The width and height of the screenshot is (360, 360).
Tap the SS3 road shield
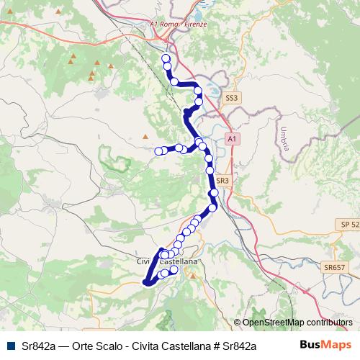230,96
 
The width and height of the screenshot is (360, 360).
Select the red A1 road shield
230,137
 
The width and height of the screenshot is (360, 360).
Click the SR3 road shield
222,181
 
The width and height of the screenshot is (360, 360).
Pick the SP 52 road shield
350,226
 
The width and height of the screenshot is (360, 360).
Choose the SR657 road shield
335,268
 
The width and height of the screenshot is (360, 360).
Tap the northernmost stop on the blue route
166,58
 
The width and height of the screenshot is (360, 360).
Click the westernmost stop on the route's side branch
159,150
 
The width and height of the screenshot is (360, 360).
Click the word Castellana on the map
180,262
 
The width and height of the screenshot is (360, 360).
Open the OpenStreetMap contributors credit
297,322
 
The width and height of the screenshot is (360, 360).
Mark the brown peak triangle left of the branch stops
146,135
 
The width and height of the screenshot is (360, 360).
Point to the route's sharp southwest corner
146,282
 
